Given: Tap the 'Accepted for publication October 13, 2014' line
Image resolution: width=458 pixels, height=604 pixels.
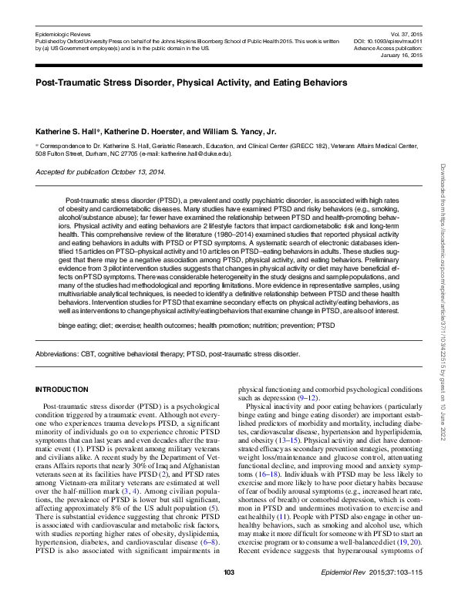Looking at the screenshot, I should [x=100, y=171].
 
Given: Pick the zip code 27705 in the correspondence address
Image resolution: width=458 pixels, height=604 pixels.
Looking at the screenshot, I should [x=126, y=154].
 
